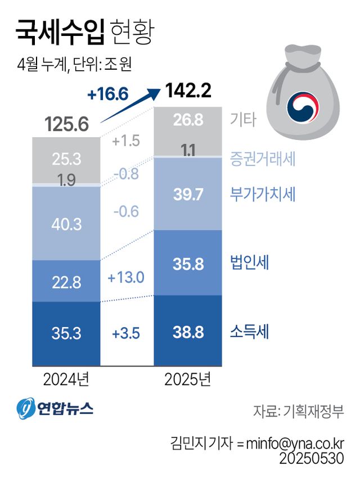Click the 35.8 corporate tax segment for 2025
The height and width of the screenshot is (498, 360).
click(x=187, y=262)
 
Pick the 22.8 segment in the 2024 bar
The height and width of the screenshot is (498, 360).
click(x=66, y=281)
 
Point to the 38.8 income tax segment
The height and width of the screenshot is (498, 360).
click(x=187, y=333)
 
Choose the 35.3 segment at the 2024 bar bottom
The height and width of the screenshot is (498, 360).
click(x=66, y=333)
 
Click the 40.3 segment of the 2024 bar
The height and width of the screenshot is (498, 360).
click(x=66, y=224)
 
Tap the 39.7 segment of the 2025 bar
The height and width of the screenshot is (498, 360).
click(x=187, y=194)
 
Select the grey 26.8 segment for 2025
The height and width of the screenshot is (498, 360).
click(x=187, y=121)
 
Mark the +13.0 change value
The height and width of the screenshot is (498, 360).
click(x=126, y=277)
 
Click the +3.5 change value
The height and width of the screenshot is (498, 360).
click(x=126, y=333)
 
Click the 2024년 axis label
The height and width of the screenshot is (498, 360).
click(x=66, y=379)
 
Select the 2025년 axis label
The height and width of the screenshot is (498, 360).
click(x=187, y=379)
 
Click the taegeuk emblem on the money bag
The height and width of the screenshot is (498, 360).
click(x=303, y=107)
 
